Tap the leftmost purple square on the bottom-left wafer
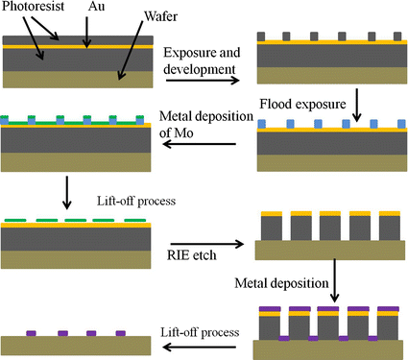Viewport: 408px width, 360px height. tap(32, 333)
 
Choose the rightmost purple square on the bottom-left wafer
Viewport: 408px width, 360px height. tap(121, 333)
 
